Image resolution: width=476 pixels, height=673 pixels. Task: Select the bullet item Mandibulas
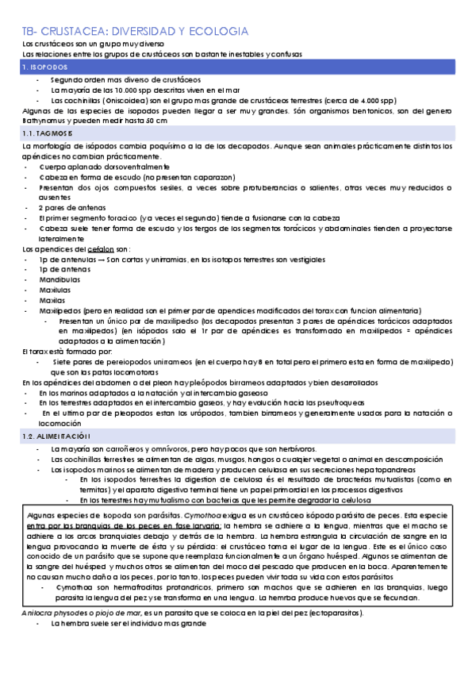click(x=58, y=280)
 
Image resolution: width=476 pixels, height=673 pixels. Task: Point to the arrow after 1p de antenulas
click(x=101, y=260)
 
